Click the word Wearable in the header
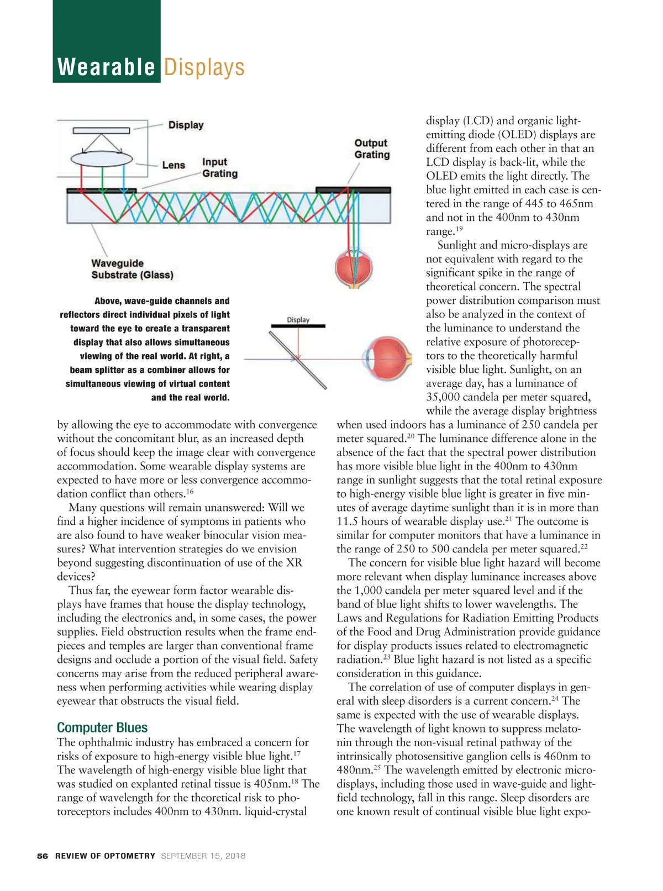(x=106, y=67)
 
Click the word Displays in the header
(x=204, y=67)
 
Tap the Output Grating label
(x=372, y=149)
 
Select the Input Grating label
(x=219, y=167)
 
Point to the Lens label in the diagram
(x=173, y=165)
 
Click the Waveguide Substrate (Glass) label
(x=132, y=269)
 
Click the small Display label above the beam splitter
(x=298, y=320)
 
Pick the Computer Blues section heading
(x=102, y=727)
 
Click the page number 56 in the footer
(x=43, y=856)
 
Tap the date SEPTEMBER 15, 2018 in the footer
(x=203, y=856)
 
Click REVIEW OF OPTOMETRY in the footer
(x=105, y=856)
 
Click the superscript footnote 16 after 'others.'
(x=190, y=491)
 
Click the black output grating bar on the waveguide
(x=353, y=189)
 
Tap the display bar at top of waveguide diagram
(x=101, y=130)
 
